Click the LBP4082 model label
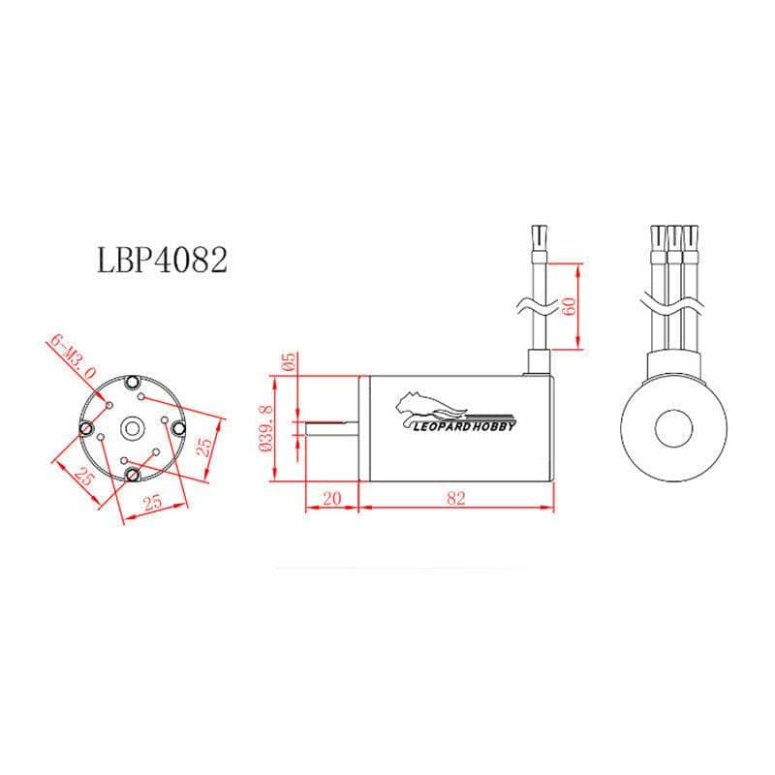pos(163,261)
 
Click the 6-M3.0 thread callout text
pos(74,356)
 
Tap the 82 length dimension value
pos(457,498)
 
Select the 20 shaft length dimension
pos(332,498)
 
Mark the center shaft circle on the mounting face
pos(133,426)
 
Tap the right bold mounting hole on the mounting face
pos(179,426)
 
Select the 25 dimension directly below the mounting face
pos(153,502)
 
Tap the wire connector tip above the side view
pos(539,235)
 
